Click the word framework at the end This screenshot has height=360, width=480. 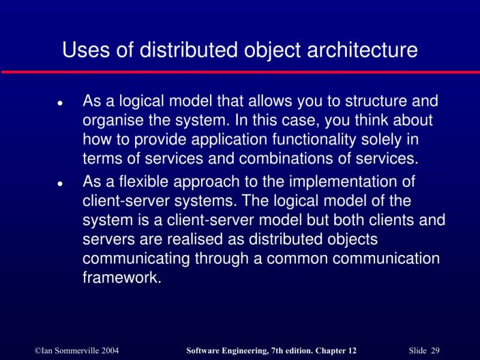click(122, 278)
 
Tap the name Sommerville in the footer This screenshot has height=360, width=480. click(71, 350)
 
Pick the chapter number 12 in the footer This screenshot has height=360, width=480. click(352, 350)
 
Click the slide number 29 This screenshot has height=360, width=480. click(435, 350)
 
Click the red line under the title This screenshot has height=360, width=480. click(240, 72)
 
